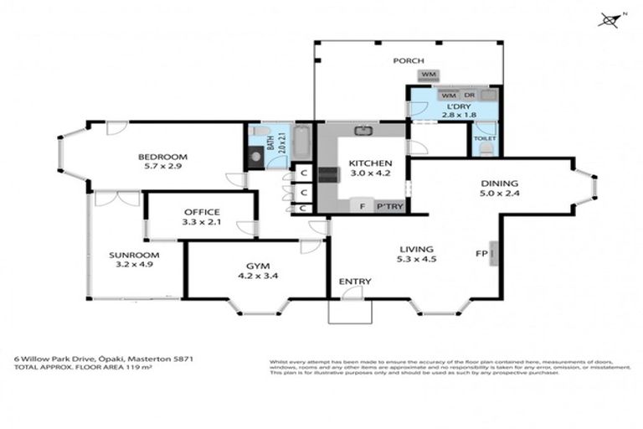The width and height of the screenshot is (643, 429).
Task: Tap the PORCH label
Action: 409,60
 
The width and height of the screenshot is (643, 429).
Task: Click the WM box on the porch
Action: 429,75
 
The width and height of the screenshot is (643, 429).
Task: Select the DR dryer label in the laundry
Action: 469,96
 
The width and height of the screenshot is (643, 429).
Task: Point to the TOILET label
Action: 485,137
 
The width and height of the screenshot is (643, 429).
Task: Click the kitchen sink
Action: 363,130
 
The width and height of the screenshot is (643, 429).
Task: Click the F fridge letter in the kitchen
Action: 362,206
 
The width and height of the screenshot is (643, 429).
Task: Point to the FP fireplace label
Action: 481,252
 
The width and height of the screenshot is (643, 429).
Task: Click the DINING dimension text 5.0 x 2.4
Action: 499,195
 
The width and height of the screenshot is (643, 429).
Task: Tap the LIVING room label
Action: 416,249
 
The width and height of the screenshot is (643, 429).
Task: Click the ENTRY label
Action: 354,281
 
